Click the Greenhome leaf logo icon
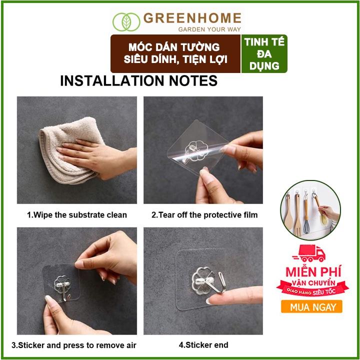(126, 22)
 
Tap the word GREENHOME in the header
(192, 18)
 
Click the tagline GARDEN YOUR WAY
(209, 29)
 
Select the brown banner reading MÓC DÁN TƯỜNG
(175, 53)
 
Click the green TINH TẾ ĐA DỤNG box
(264, 53)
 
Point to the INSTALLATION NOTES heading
(138, 81)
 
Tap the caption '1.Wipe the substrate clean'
(77, 215)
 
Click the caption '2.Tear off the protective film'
(204, 215)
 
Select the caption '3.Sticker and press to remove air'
(74, 345)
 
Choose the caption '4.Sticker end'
(203, 345)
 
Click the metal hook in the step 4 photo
(219, 283)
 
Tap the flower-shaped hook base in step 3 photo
(62, 284)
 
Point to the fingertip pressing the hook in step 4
(211, 300)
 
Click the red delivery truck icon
(309, 253)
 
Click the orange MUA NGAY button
(311, 306)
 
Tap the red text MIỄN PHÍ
(313, 271)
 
